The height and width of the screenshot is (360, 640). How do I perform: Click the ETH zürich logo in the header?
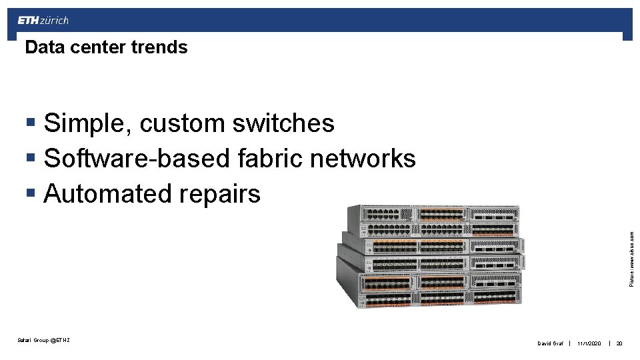tap(43, 21)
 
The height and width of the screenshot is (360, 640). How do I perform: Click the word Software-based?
tap(137, 159)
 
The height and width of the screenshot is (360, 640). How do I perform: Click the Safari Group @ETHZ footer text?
tap(43, 341)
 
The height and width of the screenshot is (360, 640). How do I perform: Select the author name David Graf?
tap(551, 344)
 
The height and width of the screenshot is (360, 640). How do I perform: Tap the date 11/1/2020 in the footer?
tap(589, 344)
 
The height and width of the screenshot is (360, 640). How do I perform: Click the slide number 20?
tap(619, 344)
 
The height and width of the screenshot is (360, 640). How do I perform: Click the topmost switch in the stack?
tap(433, 213)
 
